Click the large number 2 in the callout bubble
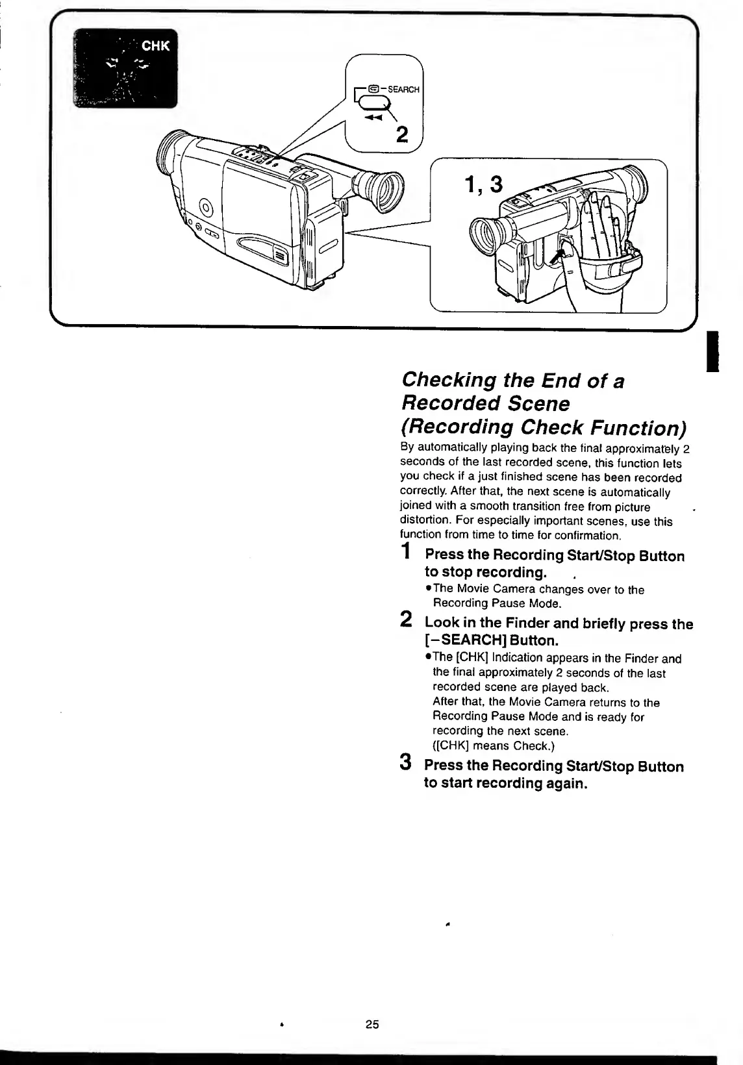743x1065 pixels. click(x=403, y=134)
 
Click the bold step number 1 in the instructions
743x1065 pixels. click(x=405, y=552)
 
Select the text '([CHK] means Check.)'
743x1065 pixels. click(x=493, y=745)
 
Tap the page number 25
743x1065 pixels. click(x=371, y=1025)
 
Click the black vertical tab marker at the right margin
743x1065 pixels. click(x=712, y=351)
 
